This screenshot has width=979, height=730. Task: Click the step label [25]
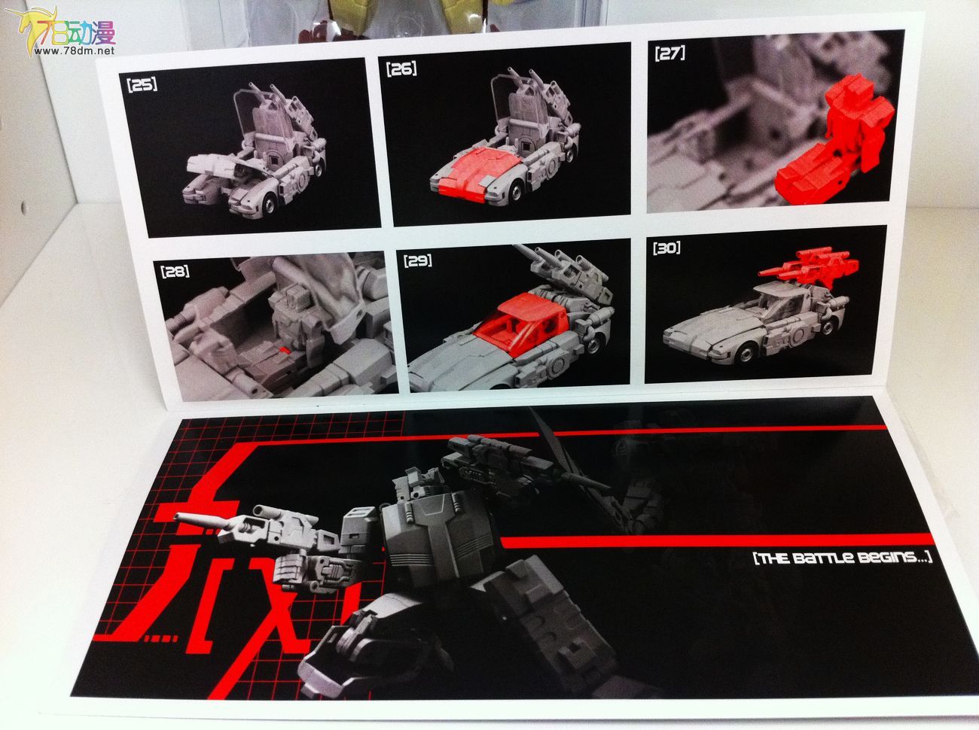click(x=142, y=85)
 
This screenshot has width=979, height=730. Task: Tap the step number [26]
click(x=401, y=69)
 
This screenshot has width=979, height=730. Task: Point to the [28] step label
click(x=175, y=272)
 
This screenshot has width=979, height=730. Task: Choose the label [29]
click(x=418, y=260)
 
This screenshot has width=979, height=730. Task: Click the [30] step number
click(x=666, y=248)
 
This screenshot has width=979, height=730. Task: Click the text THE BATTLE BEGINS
click(x=842, y=558)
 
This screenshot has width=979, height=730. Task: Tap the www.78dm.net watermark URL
click(x=75, y=51)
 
